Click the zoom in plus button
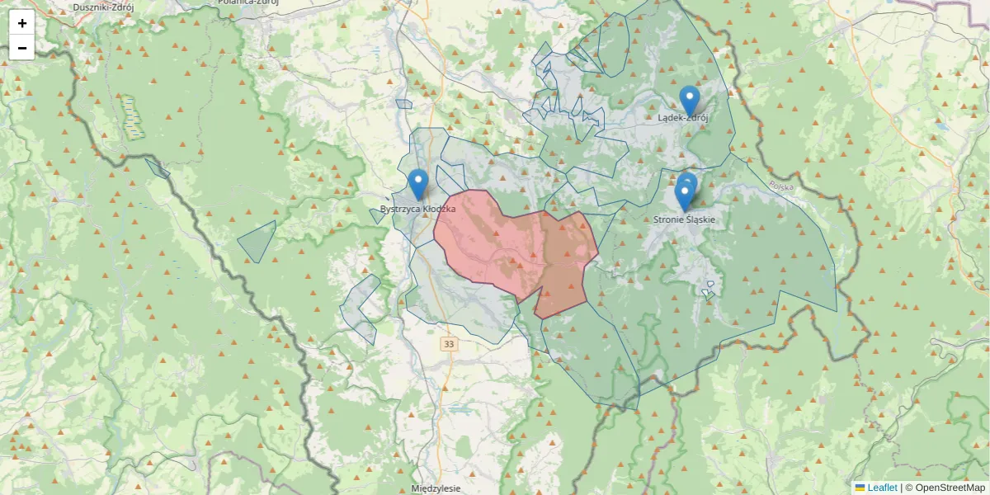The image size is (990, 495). click(22, 23)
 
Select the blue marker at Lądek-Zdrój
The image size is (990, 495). click(690, 101)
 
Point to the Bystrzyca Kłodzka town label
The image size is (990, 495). click(418, 210)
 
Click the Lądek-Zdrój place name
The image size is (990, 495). click(683, 118)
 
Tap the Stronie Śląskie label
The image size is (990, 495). click(684, 220)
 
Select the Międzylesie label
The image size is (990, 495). click(435, 488)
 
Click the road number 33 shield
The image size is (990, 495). click(448, 343)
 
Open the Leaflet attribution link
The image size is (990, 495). click(882, 488)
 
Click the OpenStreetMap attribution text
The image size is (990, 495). click(949, 488)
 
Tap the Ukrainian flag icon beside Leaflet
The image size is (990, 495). click(860, 488)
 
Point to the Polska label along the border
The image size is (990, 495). click(780, 186)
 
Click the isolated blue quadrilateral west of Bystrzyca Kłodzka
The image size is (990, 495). click(257, 242)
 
